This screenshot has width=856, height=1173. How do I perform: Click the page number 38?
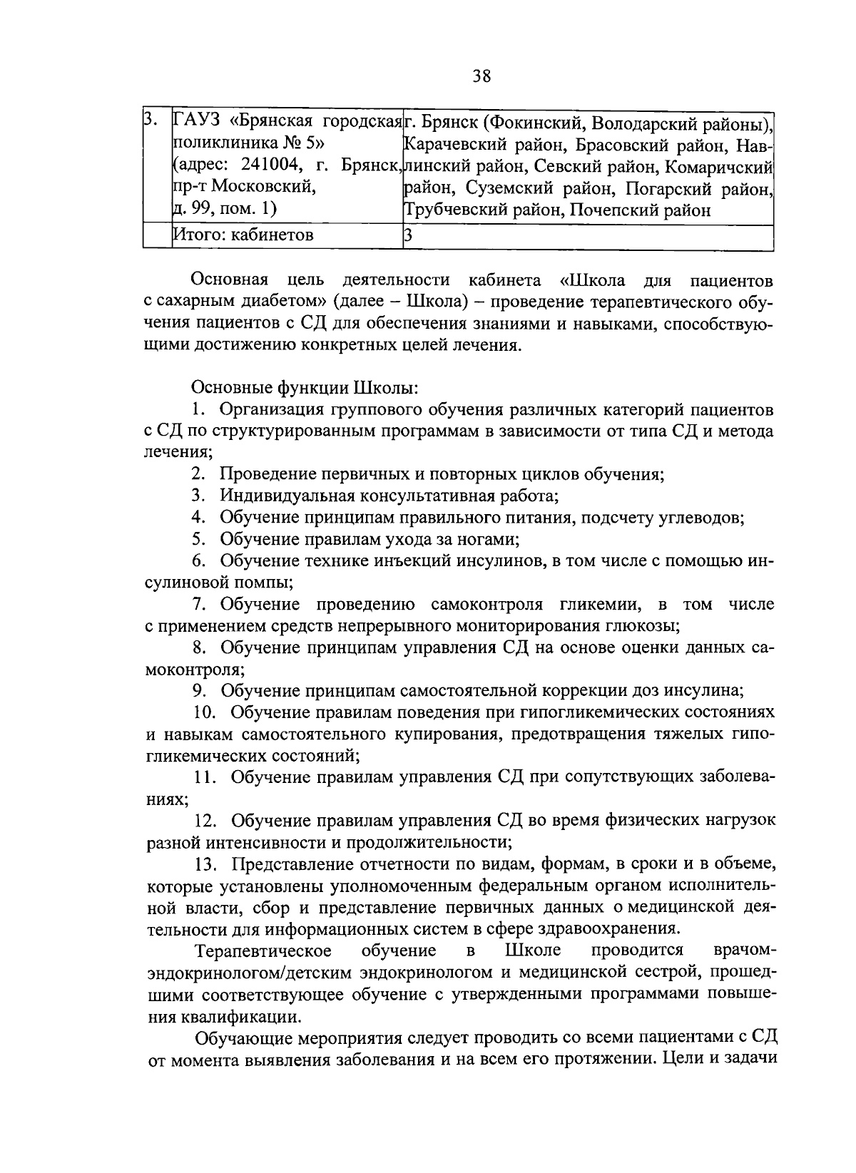(x=481, y=76)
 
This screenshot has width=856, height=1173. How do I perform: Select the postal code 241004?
(x=267, y=165)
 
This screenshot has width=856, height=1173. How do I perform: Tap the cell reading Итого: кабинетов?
(x=243, y=235)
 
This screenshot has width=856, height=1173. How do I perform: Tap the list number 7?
(x=199, y=605)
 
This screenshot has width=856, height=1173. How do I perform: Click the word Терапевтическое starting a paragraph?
(x=263, y=951)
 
